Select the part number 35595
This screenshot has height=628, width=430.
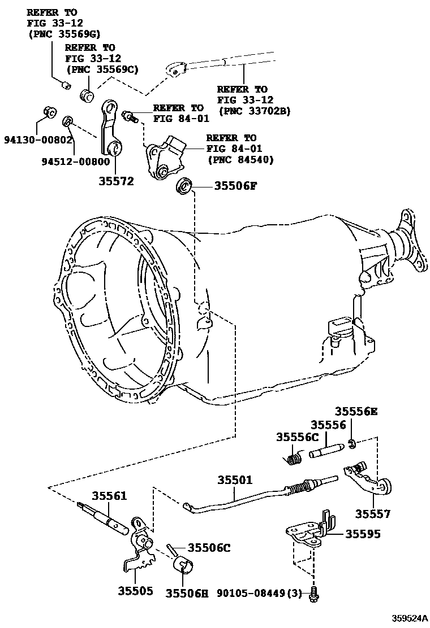tap(363, 534)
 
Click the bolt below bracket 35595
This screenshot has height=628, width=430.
tap(315, 592)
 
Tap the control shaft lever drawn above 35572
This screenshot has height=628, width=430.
tap(110, 127)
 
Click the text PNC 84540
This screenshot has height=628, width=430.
tap(240, 159)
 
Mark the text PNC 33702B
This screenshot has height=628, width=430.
tap(253, 111)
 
